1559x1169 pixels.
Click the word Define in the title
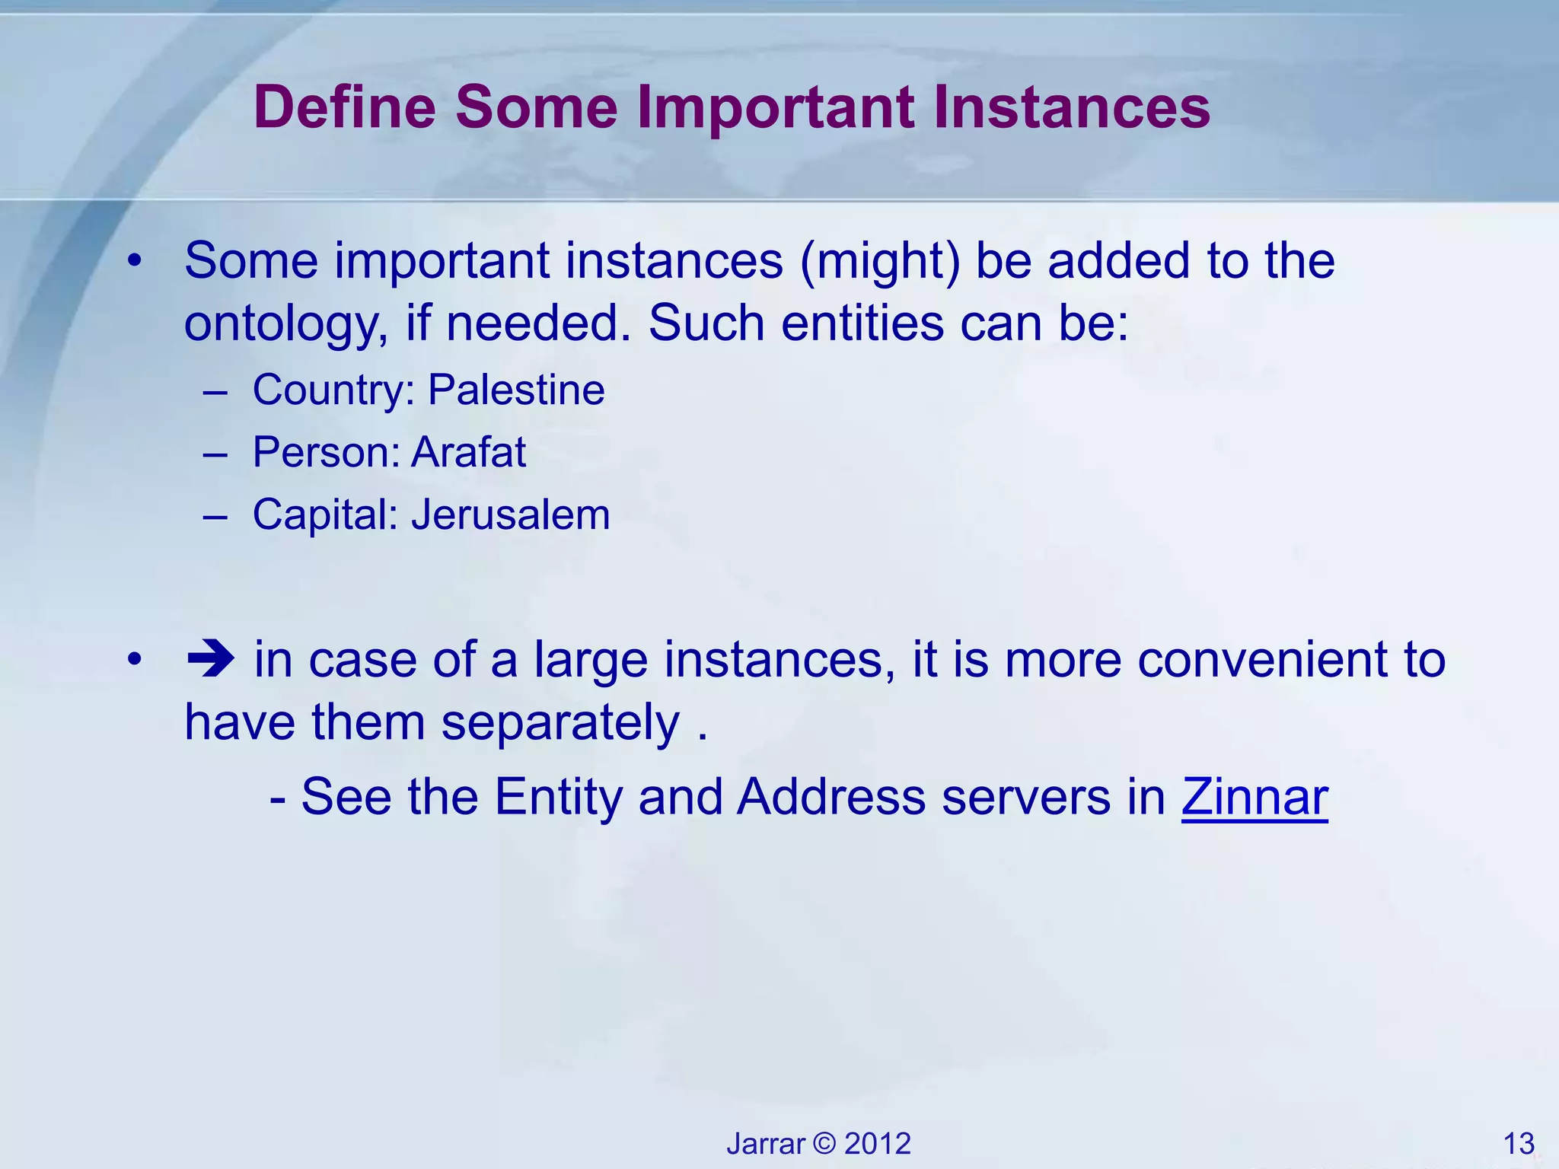344,107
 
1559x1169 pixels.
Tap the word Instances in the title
1071,107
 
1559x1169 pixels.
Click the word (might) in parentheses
880,261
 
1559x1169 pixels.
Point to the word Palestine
516,390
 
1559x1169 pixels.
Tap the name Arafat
468,452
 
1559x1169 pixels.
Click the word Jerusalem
510,514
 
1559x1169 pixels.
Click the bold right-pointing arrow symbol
210,659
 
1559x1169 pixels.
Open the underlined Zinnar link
1255,798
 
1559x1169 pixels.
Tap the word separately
560,721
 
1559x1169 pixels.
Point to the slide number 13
1519,1144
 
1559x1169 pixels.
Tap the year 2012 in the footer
878,1144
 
